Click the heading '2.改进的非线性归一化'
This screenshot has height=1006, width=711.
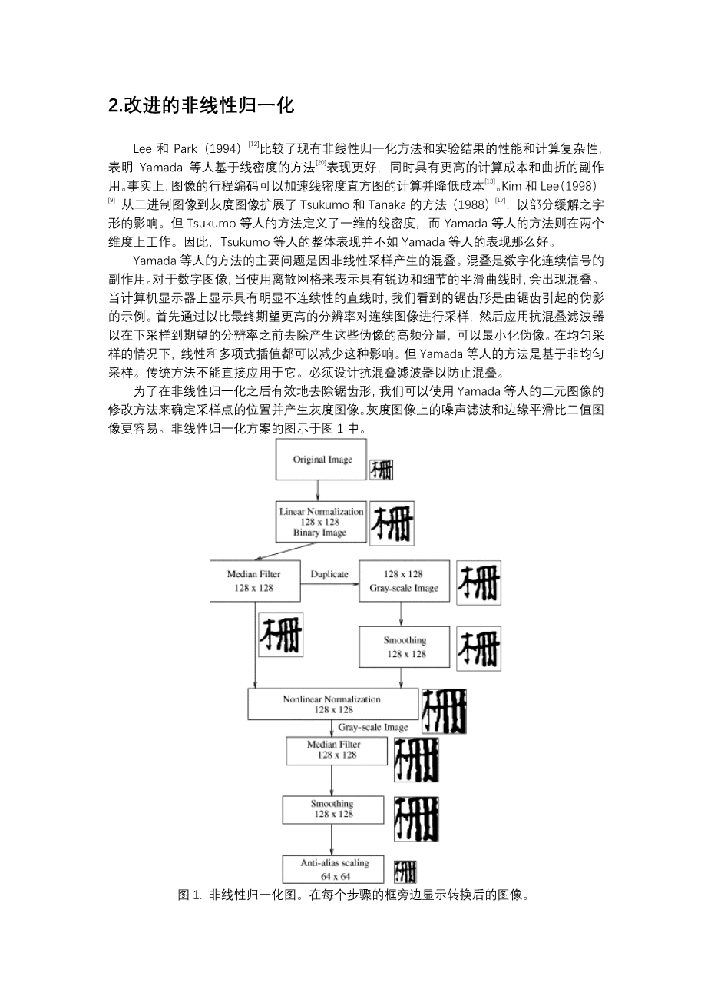tap(201, 106)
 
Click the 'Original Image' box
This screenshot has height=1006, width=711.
tap(322, 460)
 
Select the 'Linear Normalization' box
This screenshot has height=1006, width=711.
tap(321, 522)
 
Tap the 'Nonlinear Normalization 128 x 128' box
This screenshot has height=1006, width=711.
tap(332, 704)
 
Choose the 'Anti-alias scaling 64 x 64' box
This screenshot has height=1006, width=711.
tap(335, 869)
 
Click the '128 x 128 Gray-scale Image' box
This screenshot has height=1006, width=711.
tap(404, 581)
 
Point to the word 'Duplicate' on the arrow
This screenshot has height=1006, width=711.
tap(329, 574)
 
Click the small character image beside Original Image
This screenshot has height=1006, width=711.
tap(382, 470)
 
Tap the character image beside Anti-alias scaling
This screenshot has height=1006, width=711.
tap(405, 872)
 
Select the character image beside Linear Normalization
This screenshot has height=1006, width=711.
tap(392, 523)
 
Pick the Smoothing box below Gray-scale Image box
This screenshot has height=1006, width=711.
tap(404, 647)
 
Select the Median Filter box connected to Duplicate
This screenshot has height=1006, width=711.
tap(254, 581)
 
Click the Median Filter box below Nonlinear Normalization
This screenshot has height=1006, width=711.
tap(333, 750)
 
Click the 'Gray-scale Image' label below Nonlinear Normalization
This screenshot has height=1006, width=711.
tap(373, 727)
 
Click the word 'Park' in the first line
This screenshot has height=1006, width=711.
tap(186, 148)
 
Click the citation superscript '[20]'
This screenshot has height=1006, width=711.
tap(322, 163)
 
